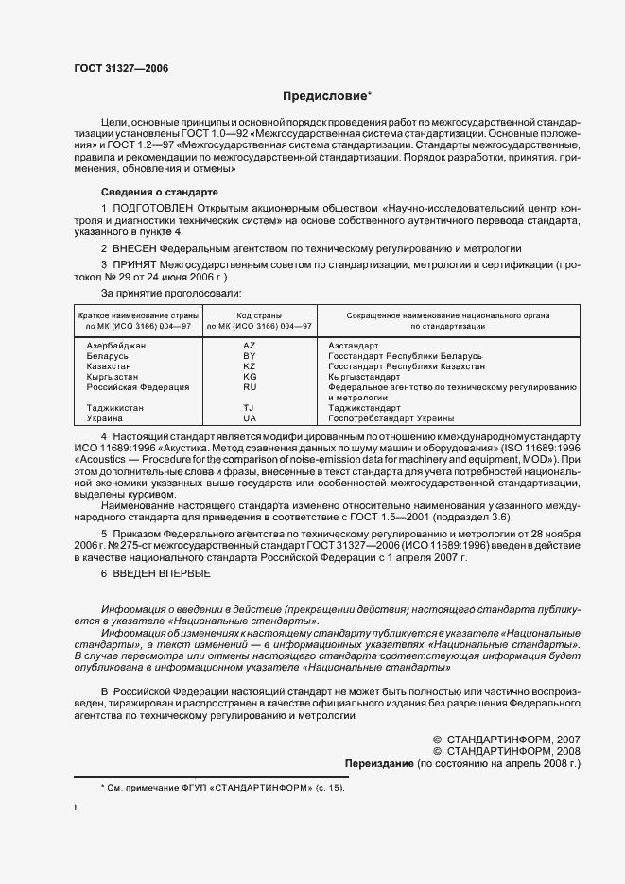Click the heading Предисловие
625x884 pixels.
pyautogui.click(x=327, y=95)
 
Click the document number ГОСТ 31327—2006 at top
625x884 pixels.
pyautogui.click(x=114, y=69)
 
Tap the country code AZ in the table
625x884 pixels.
pyautogui.click(x=250, y=346)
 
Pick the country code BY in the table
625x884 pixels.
pyautogui.click(x=250, y=356)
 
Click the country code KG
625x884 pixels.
pyautogui.click(x=250, y=376)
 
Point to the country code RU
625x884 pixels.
pyautogui.click(x=250, y=386)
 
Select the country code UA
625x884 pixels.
pyautogui.click(x=250, y=417)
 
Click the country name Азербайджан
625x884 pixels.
pyautogui.click(x=113, y=346)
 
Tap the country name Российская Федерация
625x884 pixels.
pyautogui.click(x=137, y=386)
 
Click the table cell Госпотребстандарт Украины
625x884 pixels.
pyautogui.click(x=391, y=417)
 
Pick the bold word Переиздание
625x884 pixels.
pyautogui.click(x=377, y=761)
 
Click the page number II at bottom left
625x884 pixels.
pyautogui.click(x=77, y=807)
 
